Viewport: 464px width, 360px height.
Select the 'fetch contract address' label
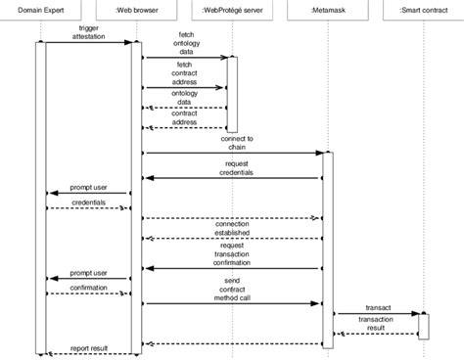click(185, 72)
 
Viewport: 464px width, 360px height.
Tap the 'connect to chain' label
click(237, 142)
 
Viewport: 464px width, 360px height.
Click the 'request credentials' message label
click(237, 167)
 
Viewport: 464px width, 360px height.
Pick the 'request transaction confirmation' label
click(237, 253)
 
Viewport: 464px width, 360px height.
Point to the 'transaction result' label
click(377, 323)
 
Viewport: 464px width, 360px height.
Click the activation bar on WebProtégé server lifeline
click(232, 94)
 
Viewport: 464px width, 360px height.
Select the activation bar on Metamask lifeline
click(328, 249)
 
